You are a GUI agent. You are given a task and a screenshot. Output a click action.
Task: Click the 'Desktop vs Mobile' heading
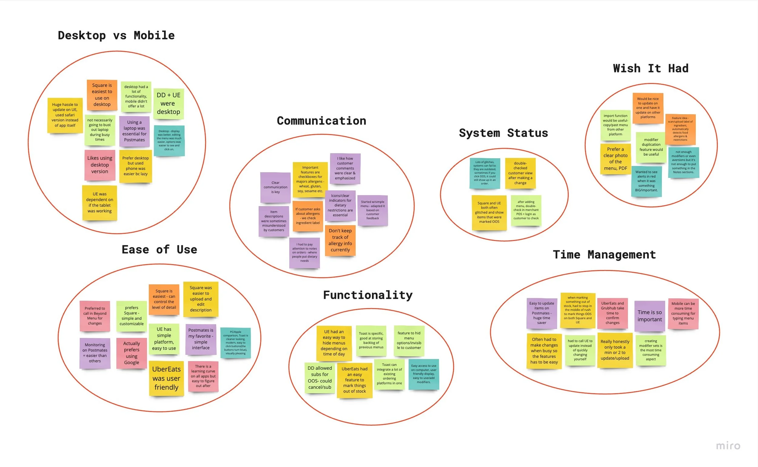(x=116, y=35)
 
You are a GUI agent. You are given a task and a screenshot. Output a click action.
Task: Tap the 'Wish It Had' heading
(x=650, y=68)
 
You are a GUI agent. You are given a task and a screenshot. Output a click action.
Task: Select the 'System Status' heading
(x=503, y=133)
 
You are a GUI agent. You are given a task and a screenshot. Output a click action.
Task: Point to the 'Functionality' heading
(x=367, y=295)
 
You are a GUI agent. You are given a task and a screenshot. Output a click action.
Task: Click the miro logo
(x=728, y=446)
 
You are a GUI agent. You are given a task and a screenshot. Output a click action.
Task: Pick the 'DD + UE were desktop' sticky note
(x=168, y=103)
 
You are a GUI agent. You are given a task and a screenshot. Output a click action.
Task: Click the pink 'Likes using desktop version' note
(x=99, y=165)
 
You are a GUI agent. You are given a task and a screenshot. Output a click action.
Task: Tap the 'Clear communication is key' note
(x=275, y=188)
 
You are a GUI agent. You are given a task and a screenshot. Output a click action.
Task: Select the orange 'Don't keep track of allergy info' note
(x=340, y=240)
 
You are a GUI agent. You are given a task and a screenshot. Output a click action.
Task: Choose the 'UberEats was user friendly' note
(x=166, y=378)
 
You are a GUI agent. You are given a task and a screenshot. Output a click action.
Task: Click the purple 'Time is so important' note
(x=649, y=316)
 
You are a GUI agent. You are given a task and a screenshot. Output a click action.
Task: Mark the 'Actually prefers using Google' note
(x=131, y=353)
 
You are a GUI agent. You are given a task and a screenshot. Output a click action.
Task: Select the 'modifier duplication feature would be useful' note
(x=651, y=147)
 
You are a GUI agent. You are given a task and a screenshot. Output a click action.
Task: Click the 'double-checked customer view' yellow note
(x=520, y=173)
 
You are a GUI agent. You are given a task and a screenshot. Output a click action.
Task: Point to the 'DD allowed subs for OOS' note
(x=320, y=377)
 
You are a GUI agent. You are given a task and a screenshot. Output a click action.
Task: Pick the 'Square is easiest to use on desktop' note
(x=102, y=95)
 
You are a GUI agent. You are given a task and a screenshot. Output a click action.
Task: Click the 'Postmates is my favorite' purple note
(x=200, y=339)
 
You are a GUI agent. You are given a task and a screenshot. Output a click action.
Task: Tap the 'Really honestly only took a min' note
(x=615, y=350)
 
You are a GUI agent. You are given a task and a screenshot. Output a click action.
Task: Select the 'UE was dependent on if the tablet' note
(x=99, y=203)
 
